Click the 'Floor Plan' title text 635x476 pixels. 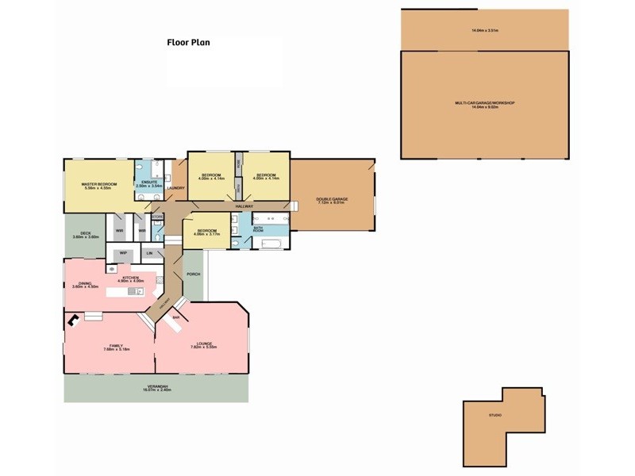coord(187,43)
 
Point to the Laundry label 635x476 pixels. coord(176,188)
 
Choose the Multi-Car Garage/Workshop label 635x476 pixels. coord(485,103)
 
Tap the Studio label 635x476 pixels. coord(495,414)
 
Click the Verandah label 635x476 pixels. coord(156,387)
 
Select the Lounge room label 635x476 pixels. coord(202,344)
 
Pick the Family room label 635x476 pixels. coord(116,347)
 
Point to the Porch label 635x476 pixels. coord(193,274)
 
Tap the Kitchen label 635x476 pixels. coord(131,278)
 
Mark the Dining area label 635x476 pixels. coord(84,285)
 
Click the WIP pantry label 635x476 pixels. coord(123,253)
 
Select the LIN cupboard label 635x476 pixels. coord(149,253)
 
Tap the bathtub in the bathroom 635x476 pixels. coord(271,243)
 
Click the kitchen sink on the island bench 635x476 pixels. coord(133,292)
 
